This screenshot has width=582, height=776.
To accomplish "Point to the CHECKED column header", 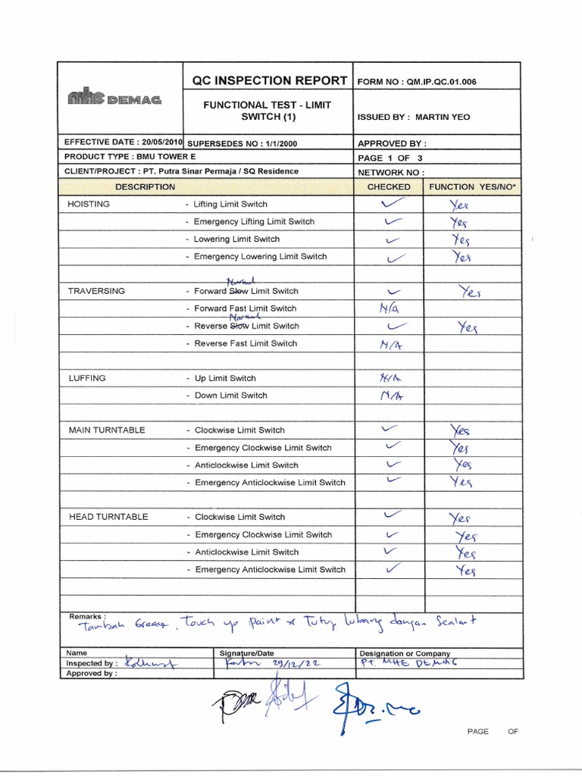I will (388, 186).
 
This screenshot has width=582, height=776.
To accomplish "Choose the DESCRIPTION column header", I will (145, 186).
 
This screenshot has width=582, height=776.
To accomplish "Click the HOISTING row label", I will (89, 204).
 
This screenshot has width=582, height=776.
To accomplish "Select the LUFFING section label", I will (87, 378).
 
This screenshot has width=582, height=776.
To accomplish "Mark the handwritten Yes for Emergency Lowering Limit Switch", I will (462, 257).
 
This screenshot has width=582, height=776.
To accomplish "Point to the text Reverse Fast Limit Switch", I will (246, 343).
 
